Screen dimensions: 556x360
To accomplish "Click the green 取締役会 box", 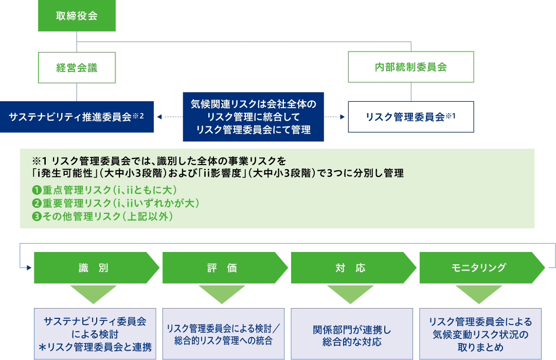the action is pyautogui.click(x=77, y=15).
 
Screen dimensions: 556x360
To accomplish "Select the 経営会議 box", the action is pyautogui.click(x=77, y=68).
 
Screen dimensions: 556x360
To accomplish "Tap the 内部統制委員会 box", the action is pyautogui.click(x=411, y=67).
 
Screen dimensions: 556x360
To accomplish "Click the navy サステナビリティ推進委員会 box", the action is pyautogui.click(x=77, y=117).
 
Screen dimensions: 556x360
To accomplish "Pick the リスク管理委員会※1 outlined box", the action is pyautogui.click(x=411, y=117).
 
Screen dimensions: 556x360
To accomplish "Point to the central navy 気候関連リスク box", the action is pyautogui.click(x=253, y=117).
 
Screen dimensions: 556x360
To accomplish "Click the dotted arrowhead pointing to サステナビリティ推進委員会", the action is pyautogui.click(x=159, y=117).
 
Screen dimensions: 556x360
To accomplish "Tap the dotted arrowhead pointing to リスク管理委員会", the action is pyautogui.click(x=343, y=117).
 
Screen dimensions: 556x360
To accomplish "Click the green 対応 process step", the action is pyautogui.click(x=353, y=268).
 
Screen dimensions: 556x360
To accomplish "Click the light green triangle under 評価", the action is pyautogui.click(x=222, y=293).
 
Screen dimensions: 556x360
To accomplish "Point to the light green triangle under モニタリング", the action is pyautogui.click(x=479, y=293).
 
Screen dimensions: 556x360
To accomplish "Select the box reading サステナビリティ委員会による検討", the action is pyautogui.click(x=95, y=334).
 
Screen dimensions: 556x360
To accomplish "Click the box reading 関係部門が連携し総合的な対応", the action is pyautogui.click(x=352, y=334).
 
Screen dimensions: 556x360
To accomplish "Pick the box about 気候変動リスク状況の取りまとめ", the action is pyautogui.click(x=480, y=334).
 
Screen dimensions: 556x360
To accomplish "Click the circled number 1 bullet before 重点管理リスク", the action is pyautogui.click(x=37, y=190).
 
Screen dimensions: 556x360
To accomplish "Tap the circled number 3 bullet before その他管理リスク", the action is pyautogui.click(x=37, y=217).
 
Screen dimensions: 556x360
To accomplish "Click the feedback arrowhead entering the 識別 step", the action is pyautogui.click(x=29, y=268).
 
